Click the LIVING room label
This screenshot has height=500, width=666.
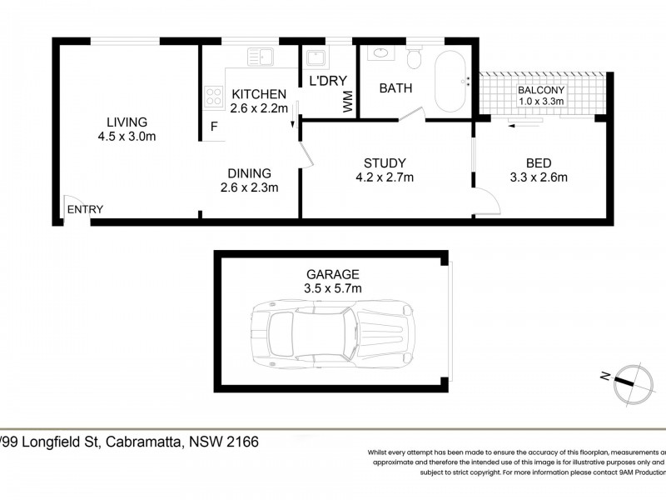[127, 122]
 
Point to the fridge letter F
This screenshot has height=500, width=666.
[214, 127]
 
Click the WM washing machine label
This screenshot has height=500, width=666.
[346, 102]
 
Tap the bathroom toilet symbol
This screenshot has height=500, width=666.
[414, 58]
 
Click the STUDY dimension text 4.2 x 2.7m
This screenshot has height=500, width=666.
[383, 177]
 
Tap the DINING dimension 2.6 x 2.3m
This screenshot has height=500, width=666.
[249, 187]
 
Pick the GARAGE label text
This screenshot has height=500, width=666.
[332, 273]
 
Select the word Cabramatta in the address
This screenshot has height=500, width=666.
[142, 442]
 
